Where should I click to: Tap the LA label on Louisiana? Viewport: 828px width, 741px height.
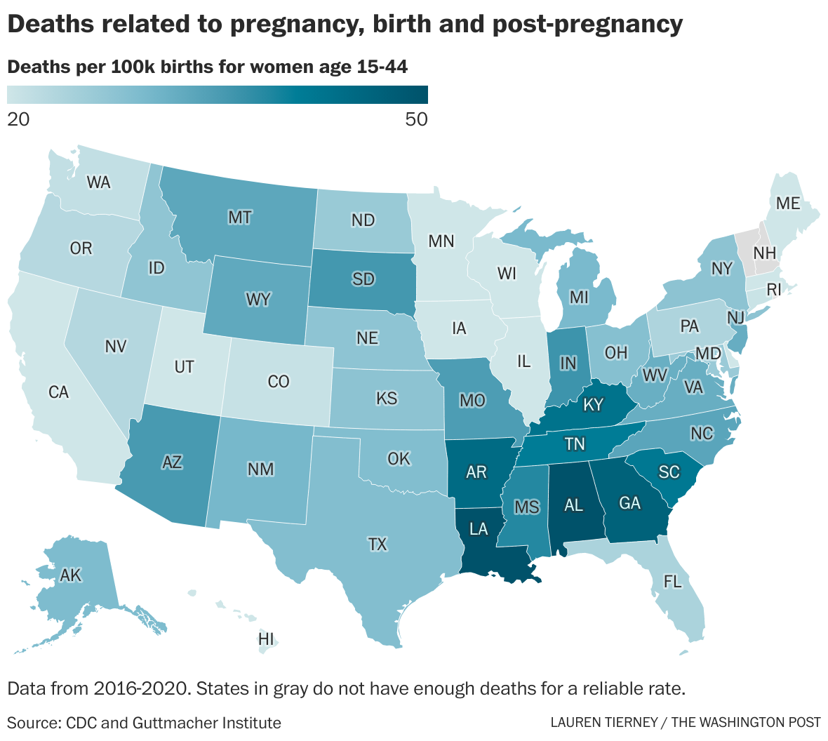click(479, 529)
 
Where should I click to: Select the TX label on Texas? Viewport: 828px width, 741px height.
click(378, 545)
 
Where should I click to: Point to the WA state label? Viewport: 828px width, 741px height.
click(98, 182)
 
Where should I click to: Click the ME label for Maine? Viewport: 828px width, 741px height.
click(788, 203)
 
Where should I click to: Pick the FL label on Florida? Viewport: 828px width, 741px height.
click(672, 582)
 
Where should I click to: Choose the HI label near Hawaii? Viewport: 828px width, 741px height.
click(266, 639)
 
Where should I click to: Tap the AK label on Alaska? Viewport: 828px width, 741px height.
click(71, 575)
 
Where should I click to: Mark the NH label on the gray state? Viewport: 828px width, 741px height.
click(765, 253)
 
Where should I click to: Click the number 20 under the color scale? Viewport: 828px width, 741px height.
click(18, 119)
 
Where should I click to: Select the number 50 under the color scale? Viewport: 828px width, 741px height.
click(416, 119)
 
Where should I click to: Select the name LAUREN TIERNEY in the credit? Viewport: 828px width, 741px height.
click(605, 723)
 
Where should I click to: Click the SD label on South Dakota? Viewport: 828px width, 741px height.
click(363, 279)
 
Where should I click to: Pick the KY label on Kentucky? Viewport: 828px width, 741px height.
click(593, 405)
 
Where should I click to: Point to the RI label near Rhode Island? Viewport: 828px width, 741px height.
click(773, 289)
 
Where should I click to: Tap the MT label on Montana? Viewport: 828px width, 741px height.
click(240, 218)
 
